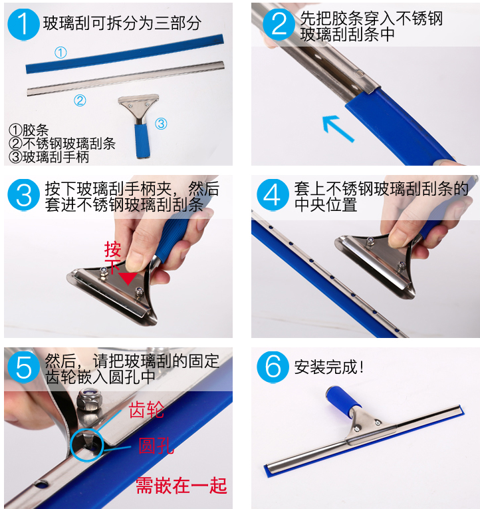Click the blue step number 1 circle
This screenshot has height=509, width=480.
[23, 25]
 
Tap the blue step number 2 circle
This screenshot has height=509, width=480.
[279, 25]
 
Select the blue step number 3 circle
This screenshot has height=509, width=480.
[24, 195]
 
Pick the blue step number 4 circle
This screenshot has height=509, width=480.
[273, 195]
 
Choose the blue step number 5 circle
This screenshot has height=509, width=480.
[24, 367]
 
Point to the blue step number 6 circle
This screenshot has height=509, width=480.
[273, 367]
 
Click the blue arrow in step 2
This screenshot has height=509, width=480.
[337, 128]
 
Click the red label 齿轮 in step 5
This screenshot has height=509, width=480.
[146, 410]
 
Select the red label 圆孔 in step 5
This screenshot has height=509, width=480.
[156, 446]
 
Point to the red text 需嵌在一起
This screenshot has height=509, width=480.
[181, 486]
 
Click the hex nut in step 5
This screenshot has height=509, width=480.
[89, 401]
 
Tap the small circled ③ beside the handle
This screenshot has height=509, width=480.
[161, 124]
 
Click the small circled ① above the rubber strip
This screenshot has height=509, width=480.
[60, 53]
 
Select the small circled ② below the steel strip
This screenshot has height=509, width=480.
[80, 100]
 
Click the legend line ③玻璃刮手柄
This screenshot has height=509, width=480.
[49, 157]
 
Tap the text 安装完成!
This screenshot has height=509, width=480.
[329, 367]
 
